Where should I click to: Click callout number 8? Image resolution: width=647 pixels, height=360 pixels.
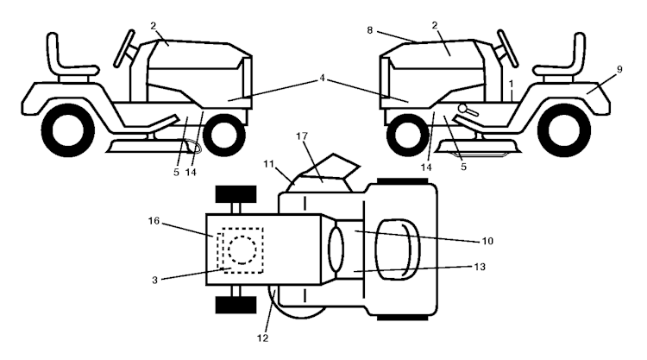(x=370, y=30)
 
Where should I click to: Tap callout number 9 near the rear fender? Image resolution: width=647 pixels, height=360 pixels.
(x=619, y=70)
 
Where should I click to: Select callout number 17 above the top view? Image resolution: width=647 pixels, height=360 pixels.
(x=302, y=136)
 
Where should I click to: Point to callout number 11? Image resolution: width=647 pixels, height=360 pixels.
(x=268, y=164)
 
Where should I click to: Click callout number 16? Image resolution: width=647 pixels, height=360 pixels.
(x=154, y=221)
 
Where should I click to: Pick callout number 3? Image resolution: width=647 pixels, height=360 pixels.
(x=154, y=281)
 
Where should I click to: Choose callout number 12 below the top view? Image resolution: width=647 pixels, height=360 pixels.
(x=262, y=338)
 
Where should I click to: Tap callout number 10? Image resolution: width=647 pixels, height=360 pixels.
(x=487, y=241)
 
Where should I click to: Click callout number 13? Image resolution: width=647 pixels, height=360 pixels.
(x=480, y=267)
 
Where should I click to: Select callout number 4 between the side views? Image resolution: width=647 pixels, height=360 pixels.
(x=323, y=78)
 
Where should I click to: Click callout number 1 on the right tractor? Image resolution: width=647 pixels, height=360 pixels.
(x=512, y=85)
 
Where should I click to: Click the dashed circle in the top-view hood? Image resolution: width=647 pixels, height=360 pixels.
(x=242, y=249)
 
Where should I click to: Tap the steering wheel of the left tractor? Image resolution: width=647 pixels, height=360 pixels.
(x=124, y=48)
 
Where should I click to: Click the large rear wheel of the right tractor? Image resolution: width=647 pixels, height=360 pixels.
(x=563, y=130)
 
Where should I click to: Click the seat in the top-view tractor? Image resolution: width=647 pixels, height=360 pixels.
(x=398, y=249)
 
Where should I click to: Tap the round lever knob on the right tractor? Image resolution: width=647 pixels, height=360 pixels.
(x=462, y=109)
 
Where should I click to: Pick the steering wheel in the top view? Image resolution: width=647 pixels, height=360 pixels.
(x=336, y=249)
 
